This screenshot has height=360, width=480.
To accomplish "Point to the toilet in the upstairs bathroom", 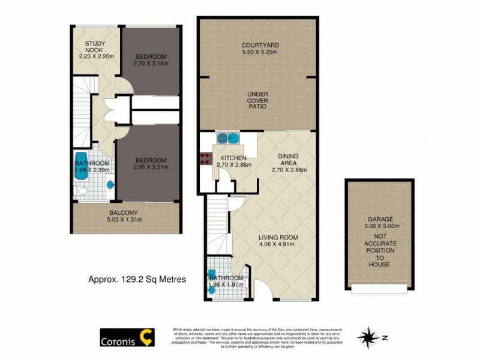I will (x=83, y=191).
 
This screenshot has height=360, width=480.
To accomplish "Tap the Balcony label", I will (x=123, y=213).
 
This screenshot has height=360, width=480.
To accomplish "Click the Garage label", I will (x=379, y=220).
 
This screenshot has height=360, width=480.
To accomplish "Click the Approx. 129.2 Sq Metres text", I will (x=137, y=279).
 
